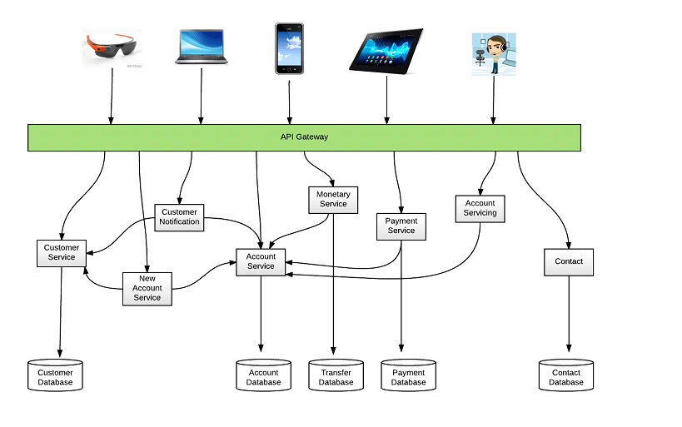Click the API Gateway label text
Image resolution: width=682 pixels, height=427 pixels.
point(304,137)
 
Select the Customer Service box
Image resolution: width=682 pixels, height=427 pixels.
point(62,252)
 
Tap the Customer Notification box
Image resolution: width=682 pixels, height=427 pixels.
point(180,217)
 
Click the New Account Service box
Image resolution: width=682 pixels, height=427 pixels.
point(147,288)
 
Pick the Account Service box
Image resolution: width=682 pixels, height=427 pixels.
point(261,261)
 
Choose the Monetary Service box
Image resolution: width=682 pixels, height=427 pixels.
point(333,199)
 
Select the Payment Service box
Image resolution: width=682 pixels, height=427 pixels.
point(401,226)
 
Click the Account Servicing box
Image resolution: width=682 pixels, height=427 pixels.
point(480,208)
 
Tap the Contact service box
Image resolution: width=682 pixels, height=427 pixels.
point(569,261)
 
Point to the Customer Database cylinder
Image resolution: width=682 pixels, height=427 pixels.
point(55,376)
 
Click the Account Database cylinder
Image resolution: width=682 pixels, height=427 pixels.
point(264,376)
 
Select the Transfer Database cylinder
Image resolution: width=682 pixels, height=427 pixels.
point(336,376)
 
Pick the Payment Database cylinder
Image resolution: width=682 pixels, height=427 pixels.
point(408,376)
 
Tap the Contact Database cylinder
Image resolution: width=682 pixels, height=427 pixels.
point(566,376)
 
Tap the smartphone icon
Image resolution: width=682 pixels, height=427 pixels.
point(289,47)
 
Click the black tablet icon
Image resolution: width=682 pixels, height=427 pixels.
point(386,51)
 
